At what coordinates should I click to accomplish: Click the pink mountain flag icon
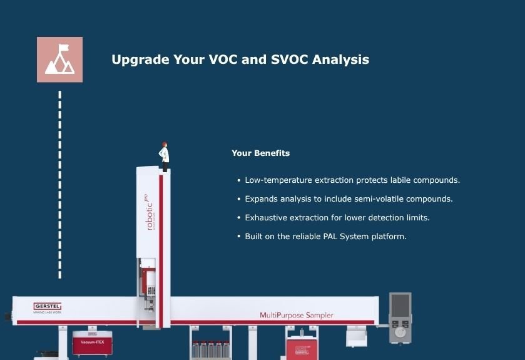(59, 59)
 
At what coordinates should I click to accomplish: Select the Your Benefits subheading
(260, 153)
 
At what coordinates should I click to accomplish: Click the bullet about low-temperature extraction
(352, 180)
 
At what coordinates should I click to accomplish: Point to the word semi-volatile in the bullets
(380, 199)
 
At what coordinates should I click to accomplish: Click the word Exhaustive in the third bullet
(267, 218)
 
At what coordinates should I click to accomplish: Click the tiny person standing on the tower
(165, 157)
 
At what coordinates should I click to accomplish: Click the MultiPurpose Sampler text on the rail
(297, 315)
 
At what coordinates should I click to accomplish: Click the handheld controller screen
(400, 305)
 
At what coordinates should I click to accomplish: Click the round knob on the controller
(400, 333)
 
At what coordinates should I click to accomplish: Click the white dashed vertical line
(60, 185)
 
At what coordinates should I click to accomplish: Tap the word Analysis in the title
(340, 60)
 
